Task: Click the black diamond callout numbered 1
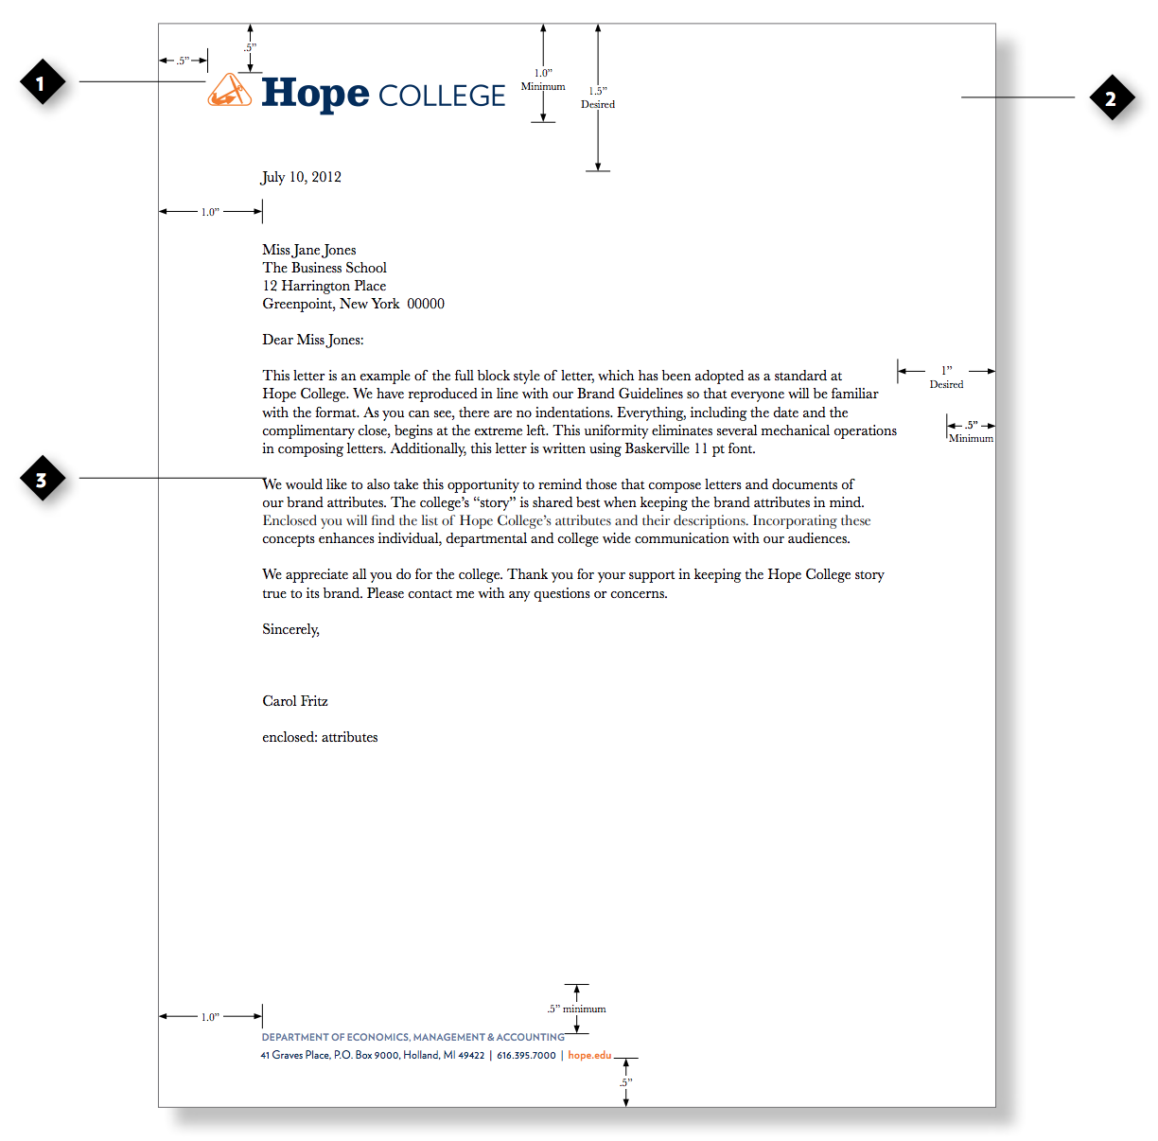[42, 83]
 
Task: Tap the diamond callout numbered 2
[1112, 98]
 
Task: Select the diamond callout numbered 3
[42, 480]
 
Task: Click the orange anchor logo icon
[229, 91]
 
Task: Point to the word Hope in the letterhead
[315, 94]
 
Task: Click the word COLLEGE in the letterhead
[442, 97]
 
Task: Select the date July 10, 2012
[301, 177]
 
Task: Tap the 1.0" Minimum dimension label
[543, 79]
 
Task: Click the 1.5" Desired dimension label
[598, 97]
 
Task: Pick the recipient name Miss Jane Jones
[309, 250]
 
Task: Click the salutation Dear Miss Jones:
[313, 340]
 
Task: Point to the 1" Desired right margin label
[946, 377]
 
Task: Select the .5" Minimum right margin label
[971, 431]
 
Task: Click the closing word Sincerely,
[290, 629]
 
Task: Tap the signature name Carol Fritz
[295, 701]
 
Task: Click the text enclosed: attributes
[320, 737]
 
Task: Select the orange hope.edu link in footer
[589, 1055]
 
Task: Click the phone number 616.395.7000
[526, 1055]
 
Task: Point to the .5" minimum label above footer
[577, 1009]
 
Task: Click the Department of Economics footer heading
[412, 1037]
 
